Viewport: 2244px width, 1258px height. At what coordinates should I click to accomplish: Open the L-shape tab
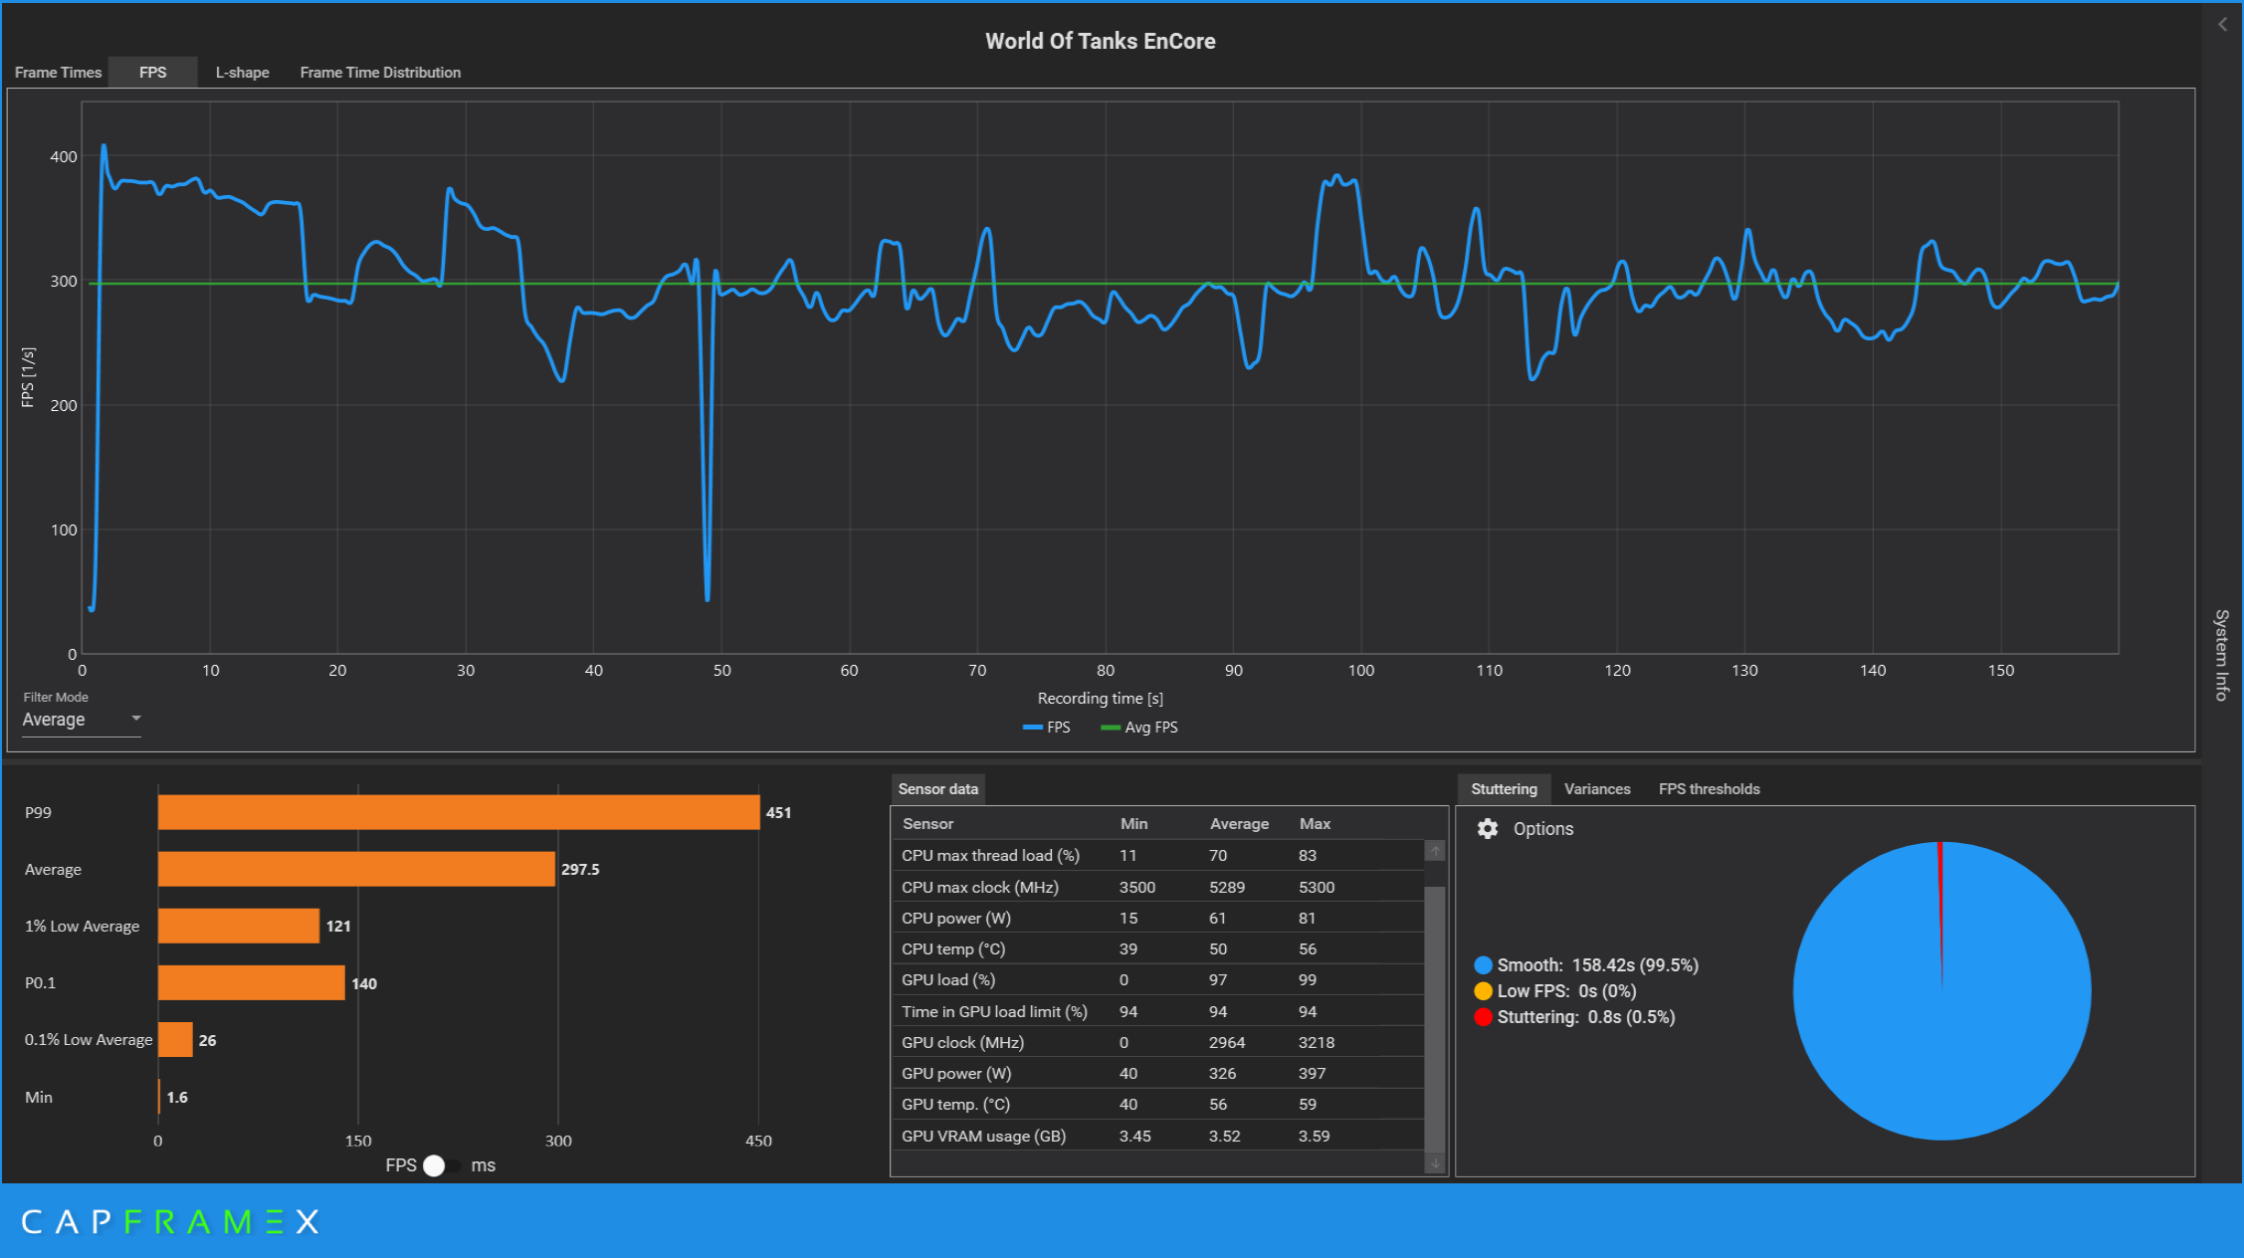click(x=242, y=73)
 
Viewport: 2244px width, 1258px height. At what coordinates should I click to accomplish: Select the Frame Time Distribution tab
click(x=380, y=73)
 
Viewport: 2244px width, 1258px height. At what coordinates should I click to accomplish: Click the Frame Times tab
click(x=58, y=73)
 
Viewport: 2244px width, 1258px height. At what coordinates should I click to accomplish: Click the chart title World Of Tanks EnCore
click(x=1100, y=41)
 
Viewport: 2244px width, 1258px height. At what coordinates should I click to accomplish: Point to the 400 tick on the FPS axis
click(x=64, y=157)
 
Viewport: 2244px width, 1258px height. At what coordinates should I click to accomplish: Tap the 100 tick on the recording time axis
click(x=1360, y=671)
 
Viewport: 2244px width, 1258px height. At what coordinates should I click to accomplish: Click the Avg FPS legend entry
click(x=1140, y=728)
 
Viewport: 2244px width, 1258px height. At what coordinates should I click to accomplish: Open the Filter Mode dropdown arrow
click(x=136, y=718)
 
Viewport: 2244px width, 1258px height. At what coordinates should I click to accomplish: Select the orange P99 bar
click(x=458, y=812)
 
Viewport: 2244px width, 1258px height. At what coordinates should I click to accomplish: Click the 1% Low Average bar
click(x=239, y=926)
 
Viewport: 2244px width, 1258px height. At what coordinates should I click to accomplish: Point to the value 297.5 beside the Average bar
click(x=580, y=870)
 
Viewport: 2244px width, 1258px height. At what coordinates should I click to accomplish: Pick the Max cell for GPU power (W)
click(x=1312, y=1074)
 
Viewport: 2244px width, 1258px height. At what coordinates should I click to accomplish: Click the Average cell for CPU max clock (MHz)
click(x=1226, y=888)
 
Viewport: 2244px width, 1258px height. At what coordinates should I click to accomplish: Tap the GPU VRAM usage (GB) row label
click(x=983, y=1137)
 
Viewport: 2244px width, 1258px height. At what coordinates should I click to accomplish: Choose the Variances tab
click(x=1596, y=789)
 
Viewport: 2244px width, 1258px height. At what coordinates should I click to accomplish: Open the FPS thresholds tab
click(x=1709, y=789)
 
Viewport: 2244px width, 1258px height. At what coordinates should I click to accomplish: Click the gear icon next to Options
click(x=1488, y=829)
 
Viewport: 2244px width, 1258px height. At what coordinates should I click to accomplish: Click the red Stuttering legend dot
click(x=1483, y=1017)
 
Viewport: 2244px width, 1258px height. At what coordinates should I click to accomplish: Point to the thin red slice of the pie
click(x=1940, y=896)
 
